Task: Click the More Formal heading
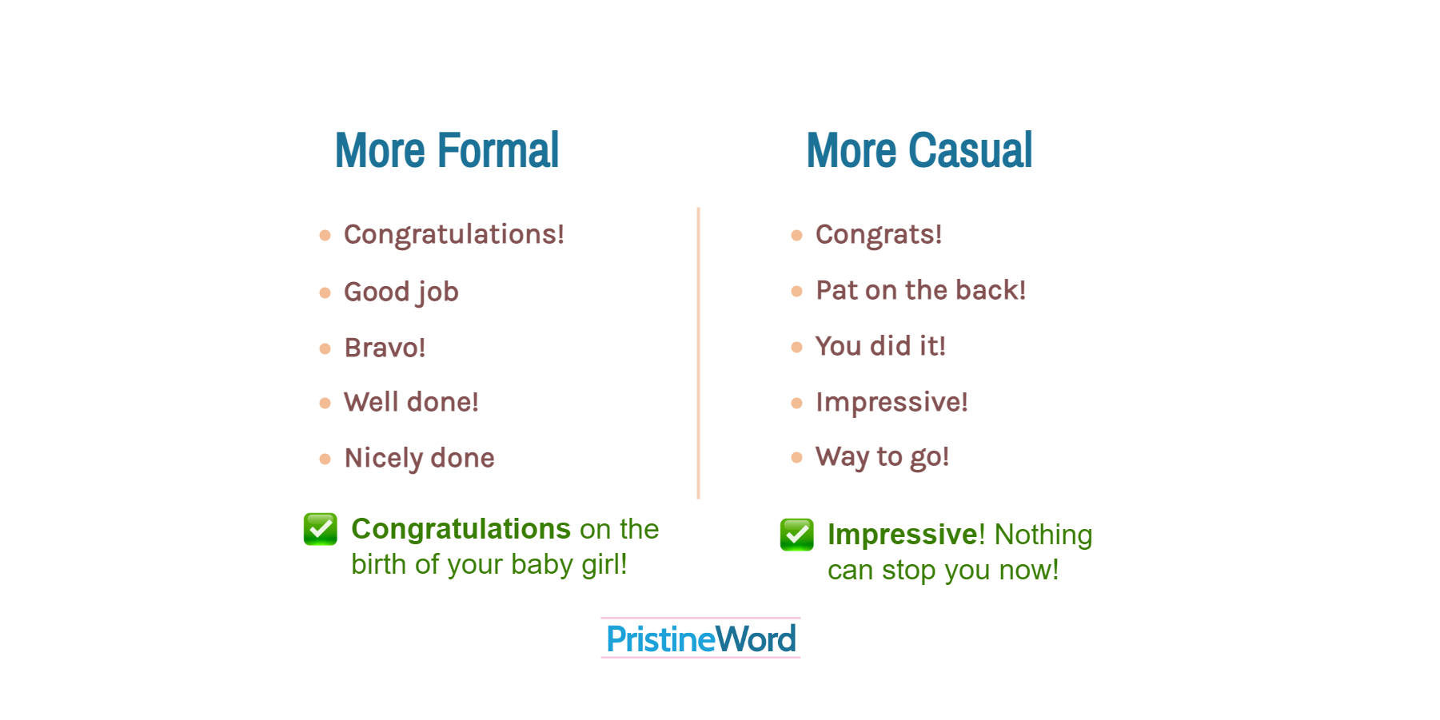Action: [x=447, y=150]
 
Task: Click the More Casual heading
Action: [x=919, y=150]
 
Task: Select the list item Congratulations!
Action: [x=454, y=234]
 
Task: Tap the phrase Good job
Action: [x=401, y=292]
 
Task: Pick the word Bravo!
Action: [x=385, y=348]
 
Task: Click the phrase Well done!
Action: [x=411, y=402]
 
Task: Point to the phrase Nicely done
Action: [x=419, y=458]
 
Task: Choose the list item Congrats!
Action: [x=879, y=234]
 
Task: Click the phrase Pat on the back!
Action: [x=920, y=290]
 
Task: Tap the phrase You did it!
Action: [x=880, y=346]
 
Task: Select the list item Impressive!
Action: [x=892, y=402]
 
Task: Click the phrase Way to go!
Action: [x=882, y=457]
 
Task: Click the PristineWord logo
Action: [x=700, y=638]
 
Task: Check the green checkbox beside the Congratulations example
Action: [x=321, y=529]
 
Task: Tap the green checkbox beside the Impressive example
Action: [x=797, y=535]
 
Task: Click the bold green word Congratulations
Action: [x=461, y=529]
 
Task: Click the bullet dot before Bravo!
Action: [x=325, y=348]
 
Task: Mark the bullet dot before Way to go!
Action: [x=796, y=457]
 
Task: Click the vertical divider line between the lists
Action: [x=698, y=353]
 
